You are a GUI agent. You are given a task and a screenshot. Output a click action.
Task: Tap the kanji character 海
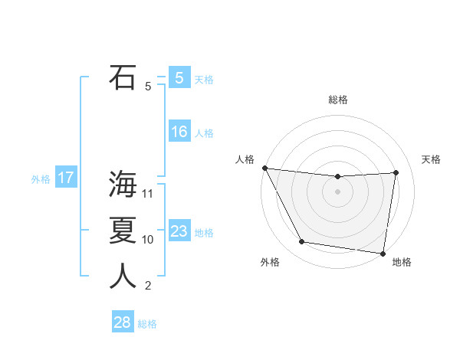tap(123, 184)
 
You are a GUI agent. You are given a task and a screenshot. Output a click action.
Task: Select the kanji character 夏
tap(123, 231)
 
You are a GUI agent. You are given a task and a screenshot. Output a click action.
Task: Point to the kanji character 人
tap(123, 277)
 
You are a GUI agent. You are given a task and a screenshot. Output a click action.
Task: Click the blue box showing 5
tap(179, 77)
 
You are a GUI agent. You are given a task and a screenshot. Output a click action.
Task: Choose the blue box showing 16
tap(179, 132)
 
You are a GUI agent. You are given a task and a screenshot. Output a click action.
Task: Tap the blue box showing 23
tap(179, 231)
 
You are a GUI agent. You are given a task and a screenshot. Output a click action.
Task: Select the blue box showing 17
tap(65, 178)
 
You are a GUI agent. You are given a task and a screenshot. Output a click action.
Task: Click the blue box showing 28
tap(122, 322)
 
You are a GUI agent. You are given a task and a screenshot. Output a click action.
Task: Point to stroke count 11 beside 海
tap(148, 194)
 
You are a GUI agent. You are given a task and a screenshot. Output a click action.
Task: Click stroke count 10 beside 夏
tap(148, 240)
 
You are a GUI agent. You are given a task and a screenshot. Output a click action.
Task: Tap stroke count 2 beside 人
tap(148, 286)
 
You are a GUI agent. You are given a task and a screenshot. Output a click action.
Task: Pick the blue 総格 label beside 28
tap(147, 324)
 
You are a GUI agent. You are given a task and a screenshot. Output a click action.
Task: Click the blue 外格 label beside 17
tap(41, 180)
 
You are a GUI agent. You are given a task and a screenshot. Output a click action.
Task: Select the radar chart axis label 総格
tap(338, 100)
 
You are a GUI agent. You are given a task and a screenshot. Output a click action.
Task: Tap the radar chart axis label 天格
tap(432, 159)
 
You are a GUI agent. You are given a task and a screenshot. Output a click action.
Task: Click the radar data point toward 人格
tap(264, 168)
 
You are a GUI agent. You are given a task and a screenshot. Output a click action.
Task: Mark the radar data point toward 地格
tap(383, 253)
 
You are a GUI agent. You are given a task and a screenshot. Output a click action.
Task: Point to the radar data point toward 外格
tap(302, 242)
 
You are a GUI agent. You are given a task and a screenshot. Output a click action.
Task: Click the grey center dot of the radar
tap(337, 191)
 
